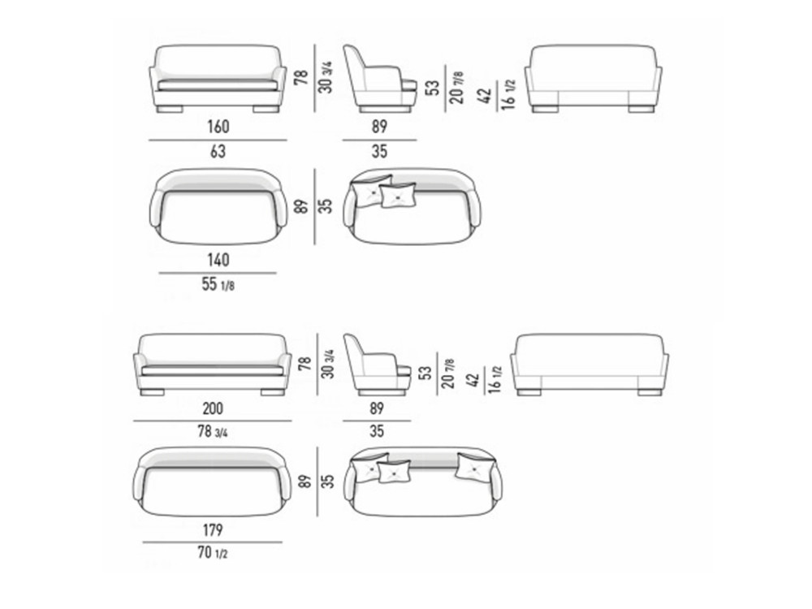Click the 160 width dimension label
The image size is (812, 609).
tap(218, 127)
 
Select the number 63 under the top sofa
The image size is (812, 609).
tap(218, 152)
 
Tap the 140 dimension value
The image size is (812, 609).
tap(218, 260)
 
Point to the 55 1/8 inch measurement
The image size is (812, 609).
tap(218, 284)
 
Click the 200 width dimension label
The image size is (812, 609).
tap(213, 408)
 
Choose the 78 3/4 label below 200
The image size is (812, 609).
tap(213, 432)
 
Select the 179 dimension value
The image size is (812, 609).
tap(213, 529)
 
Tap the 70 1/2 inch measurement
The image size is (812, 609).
tap(213, 553)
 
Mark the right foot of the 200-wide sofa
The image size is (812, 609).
tap(272, 392)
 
